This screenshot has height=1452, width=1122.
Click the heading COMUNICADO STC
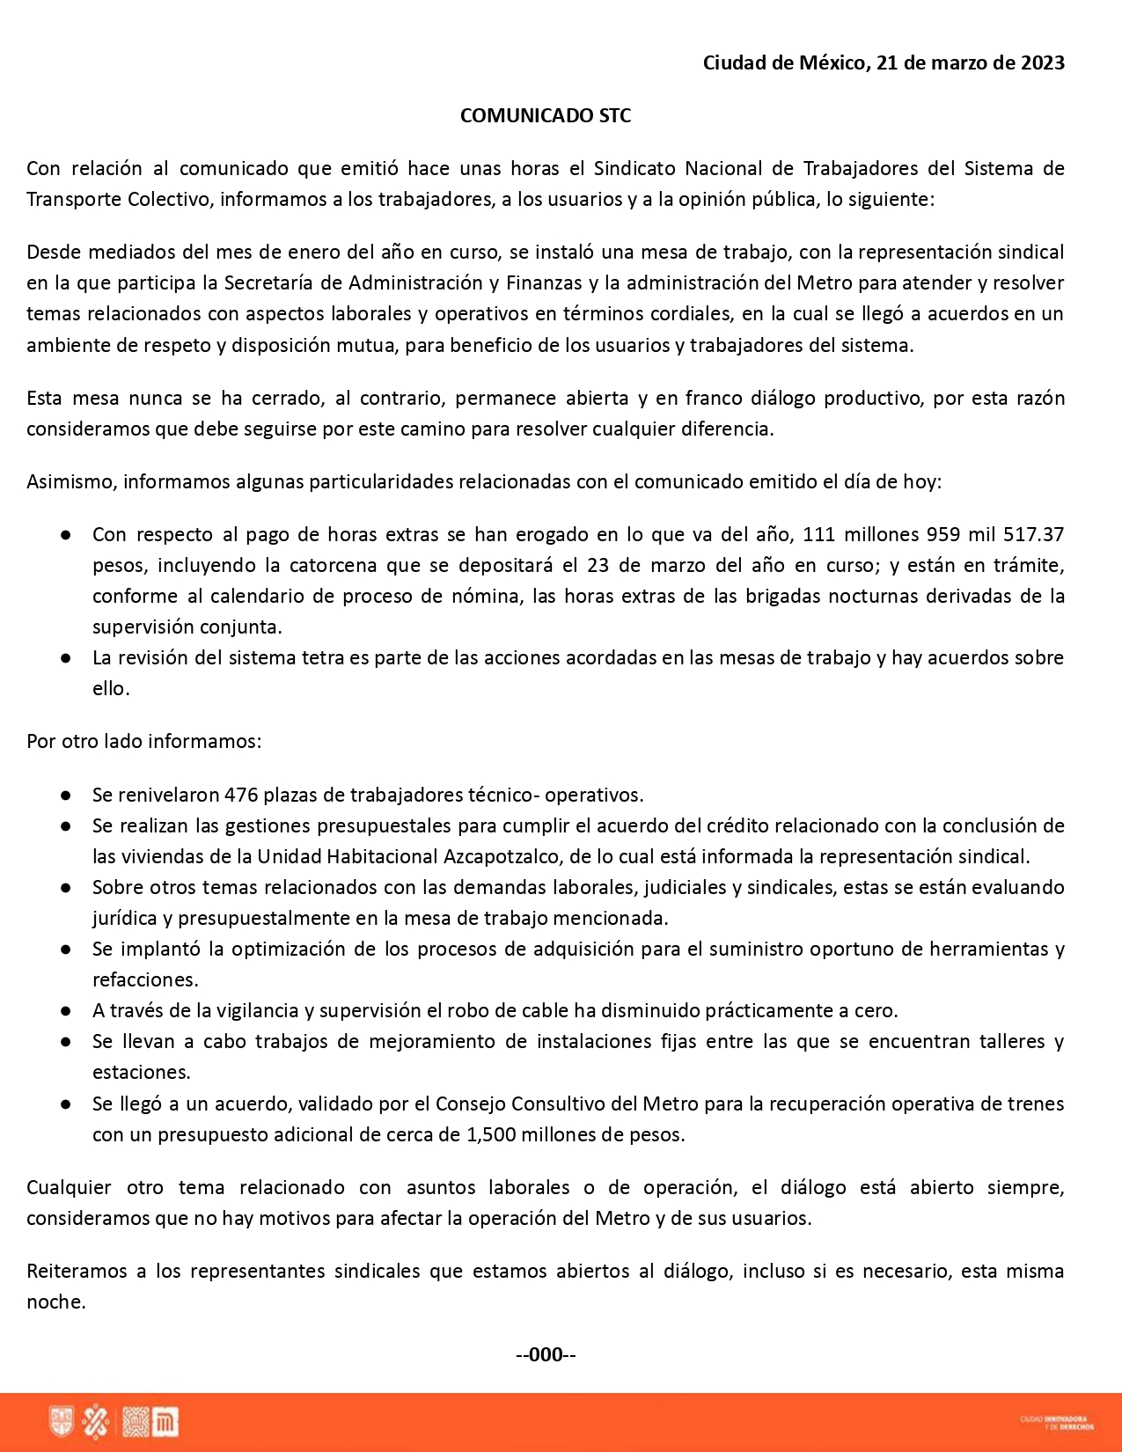(546, 115)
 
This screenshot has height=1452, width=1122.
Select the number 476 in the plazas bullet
(241, 795)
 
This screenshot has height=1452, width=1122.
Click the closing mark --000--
(546, 1354)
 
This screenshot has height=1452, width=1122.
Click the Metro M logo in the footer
(165, 1422)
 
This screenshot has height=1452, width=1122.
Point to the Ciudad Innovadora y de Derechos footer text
(1057, 1422)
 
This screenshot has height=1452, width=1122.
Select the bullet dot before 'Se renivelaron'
(66, 795)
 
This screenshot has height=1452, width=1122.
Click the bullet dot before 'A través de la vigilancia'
(66, 1010)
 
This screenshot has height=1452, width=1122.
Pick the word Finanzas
(544, 282)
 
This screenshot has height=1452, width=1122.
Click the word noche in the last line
(55, 1302)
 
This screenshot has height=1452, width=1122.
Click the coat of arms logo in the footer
(62, 1422)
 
